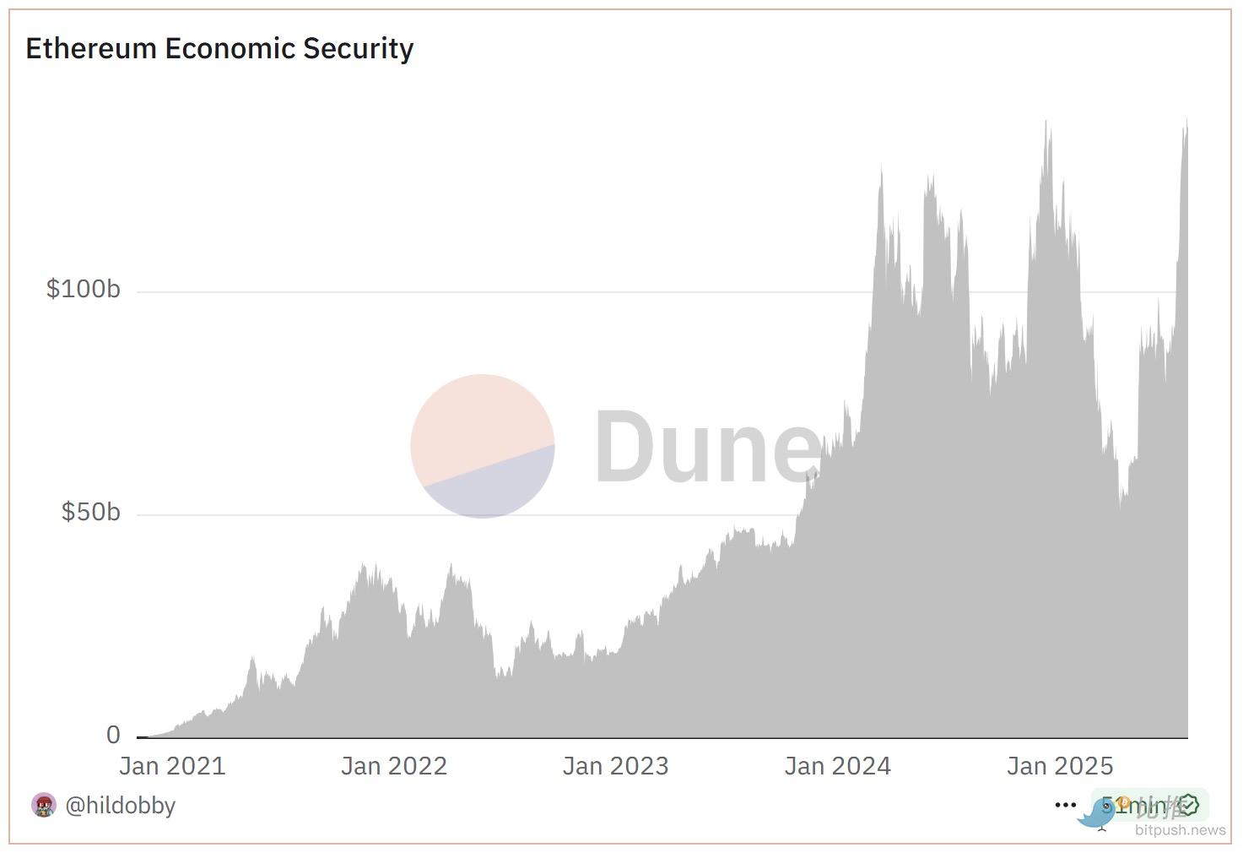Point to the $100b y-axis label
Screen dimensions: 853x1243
pos(83,290)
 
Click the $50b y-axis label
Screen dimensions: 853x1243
pos(90,513)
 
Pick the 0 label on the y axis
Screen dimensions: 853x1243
pos(113,736)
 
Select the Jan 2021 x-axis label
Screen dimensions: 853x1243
pos(172,766)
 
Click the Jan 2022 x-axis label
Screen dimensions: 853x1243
pos(394,766)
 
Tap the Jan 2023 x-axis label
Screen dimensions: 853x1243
pos(615,766)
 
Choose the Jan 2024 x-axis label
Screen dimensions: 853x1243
pos(837,766)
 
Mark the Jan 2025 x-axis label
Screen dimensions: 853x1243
pos(1059,766)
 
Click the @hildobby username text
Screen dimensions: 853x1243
pos(120,806)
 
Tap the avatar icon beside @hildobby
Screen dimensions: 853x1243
pos(44,806)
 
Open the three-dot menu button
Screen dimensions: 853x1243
pos(1065,806)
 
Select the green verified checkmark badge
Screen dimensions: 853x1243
pos(1188,806)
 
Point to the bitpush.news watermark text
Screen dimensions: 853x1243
pos(1180,830)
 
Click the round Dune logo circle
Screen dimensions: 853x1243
pos(482,446)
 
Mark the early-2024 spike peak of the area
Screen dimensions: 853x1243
pos(882,169)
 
